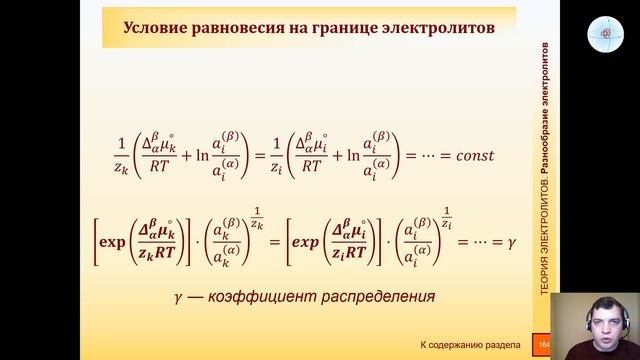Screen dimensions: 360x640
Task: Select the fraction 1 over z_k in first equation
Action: [x=121, y=157]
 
